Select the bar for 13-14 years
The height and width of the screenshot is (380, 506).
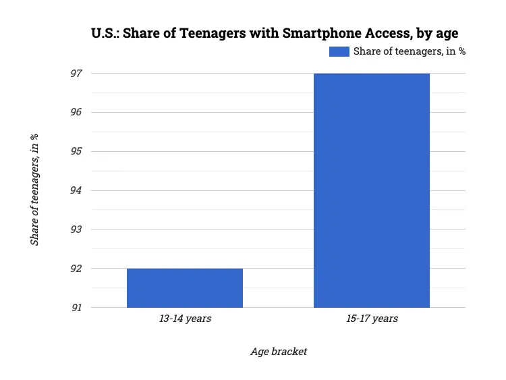coord(185,288)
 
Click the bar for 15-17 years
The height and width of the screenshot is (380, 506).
coord(372,190)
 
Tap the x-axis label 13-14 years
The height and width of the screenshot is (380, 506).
coord(185,319)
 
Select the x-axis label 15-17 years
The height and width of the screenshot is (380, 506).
coord(372,319)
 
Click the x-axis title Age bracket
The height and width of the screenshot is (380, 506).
coord(279,352)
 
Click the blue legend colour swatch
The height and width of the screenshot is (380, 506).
coord(339,52)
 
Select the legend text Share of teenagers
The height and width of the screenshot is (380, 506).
coord(409,52)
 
